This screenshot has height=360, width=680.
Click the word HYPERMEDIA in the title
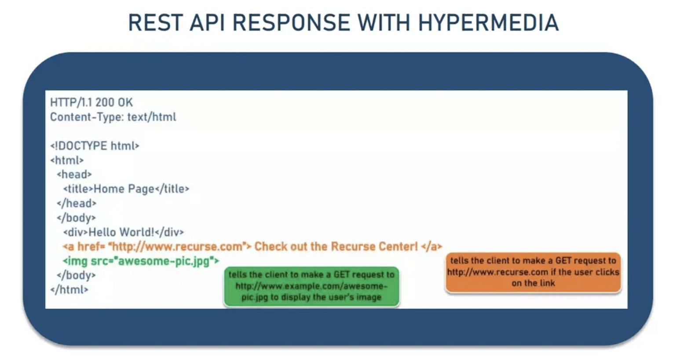click(488, 22)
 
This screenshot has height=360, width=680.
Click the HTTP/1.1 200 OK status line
click(91, 103)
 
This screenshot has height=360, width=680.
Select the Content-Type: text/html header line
click(113, 117)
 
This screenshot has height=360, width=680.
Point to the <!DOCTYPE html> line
click(95, 146)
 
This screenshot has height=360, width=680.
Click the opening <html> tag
click(67, 160)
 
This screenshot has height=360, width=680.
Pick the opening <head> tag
click(74, 174)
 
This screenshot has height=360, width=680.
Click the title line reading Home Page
click(126, 189)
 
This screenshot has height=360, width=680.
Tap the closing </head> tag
click(77, 203)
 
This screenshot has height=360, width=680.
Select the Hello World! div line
click(123, 232)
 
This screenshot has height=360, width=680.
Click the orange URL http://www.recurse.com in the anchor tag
click(178, 246)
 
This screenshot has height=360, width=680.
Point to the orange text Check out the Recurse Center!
click(336, 246)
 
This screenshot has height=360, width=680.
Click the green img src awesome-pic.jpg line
click(141, 261)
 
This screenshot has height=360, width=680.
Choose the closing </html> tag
click(69, 290)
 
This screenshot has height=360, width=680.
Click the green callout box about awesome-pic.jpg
click(311, 286)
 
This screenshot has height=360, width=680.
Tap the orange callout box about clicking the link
click(533, 272)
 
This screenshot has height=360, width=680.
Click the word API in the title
click(207, 22)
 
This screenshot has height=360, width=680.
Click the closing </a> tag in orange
click(431, 246)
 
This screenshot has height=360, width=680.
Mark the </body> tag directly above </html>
click(76, 275)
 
